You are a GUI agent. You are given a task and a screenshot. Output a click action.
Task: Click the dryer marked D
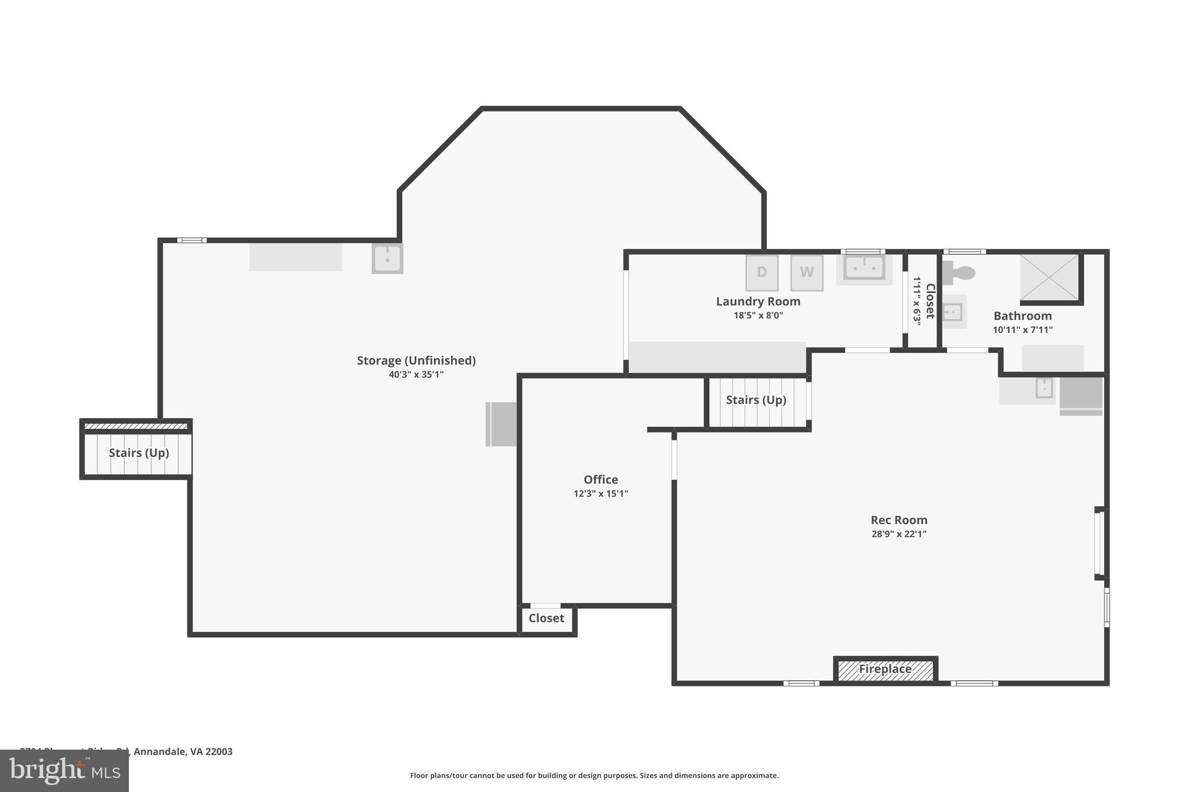coord(762,273)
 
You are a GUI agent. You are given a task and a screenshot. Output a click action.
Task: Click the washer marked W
coord(806,273)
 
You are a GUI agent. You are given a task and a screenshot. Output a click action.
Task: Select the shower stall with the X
coord(1049,277)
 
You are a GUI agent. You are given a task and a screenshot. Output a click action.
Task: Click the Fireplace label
coord(885,670)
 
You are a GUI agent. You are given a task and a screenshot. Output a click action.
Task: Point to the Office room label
coord(600,480)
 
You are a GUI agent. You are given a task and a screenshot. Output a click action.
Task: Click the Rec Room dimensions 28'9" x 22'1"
coord(898,534)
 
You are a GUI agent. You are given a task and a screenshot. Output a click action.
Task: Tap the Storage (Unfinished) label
coord(416,361)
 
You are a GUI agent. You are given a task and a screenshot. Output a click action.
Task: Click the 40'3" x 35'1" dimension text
coord(416,375)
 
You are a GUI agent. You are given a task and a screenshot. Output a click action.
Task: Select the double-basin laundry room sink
coord(864,269)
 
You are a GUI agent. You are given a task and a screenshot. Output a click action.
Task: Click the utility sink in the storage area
coord(387,259)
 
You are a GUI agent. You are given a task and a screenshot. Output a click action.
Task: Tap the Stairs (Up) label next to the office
coord(755,400)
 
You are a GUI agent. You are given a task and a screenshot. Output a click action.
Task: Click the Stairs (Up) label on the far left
coord(139,453)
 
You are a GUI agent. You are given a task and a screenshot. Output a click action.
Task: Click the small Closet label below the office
coord(546,619)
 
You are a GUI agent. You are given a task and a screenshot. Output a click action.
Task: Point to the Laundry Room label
coord(758,302)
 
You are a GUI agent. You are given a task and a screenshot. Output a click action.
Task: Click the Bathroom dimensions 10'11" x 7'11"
coord(1022,330)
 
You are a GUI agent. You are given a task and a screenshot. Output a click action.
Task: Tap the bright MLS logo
coord(64,771)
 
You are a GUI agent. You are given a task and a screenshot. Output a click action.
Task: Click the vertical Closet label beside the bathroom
coord(929,301)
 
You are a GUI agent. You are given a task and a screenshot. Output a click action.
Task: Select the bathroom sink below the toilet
coord(953,312)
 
